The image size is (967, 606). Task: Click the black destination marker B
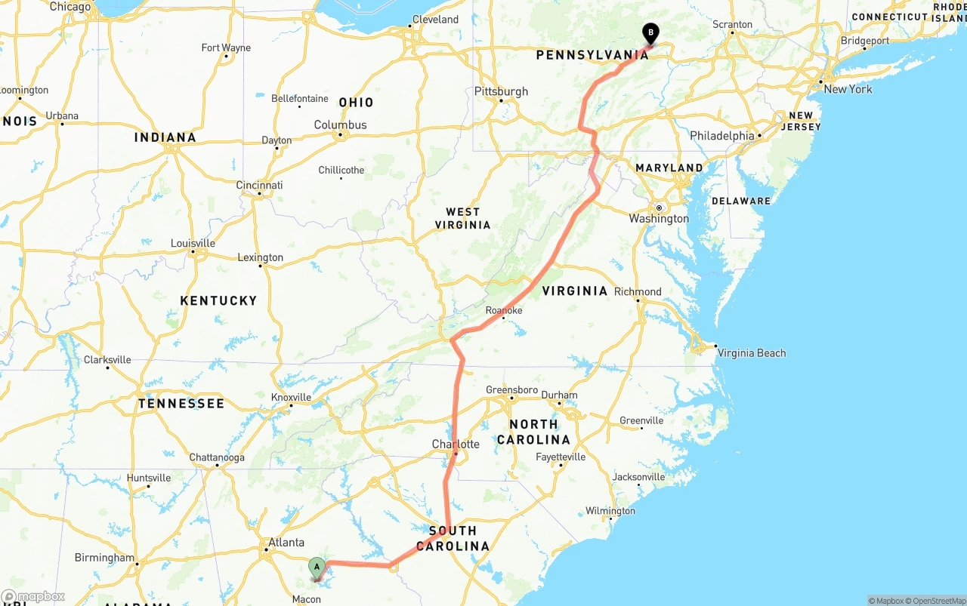(650, 32)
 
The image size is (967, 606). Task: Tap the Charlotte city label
(455, 444)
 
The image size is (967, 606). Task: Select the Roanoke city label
(504, 310)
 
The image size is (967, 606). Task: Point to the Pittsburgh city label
(501, 91)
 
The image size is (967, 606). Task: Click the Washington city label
(659, 218)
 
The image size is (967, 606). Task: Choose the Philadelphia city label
(721, 136)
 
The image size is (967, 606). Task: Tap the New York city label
(848, 89)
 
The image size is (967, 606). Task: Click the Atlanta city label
(286, 542)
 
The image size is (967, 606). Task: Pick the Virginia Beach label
(751, 352)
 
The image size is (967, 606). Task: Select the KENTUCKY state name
(218, 300)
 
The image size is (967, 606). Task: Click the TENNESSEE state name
(181, 403)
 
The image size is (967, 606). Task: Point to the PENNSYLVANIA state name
(592, 55)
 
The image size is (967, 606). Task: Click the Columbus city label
(340, 125)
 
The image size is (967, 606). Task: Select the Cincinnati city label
(259, 185)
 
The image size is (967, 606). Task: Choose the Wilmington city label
(610, 511)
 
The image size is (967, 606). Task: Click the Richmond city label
(638, 291)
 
